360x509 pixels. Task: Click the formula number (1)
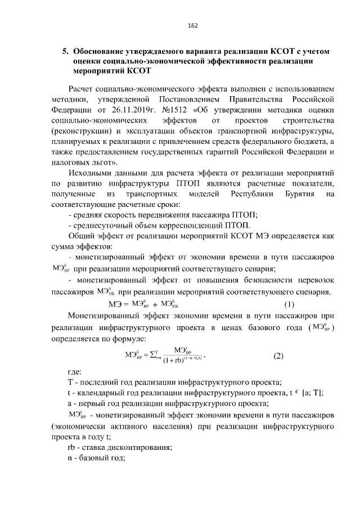point(289,305)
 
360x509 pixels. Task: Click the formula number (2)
point(279,355)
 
